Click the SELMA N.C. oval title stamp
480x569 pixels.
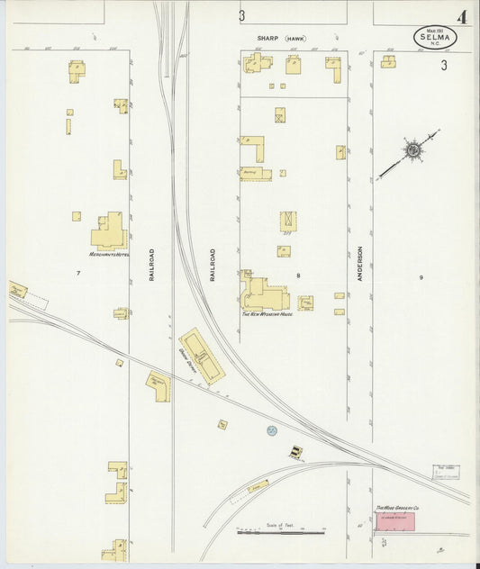tap(435, 37)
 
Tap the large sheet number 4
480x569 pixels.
tap(462, 17)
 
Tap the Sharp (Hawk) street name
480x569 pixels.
tap(280, 39)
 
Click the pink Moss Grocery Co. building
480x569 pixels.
tap(395, 521)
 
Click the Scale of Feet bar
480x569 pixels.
tap(281, 532)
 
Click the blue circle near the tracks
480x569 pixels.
tap(271, 431)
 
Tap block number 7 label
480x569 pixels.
tap(78, 272)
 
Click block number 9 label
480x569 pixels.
tap(420, 277)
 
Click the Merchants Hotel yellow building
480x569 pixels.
tap(109, 232)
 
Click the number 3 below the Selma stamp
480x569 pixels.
tap(444, 65)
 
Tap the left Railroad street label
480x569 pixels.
tap(152, 265)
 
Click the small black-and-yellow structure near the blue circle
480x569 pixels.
tap(296, 452)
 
